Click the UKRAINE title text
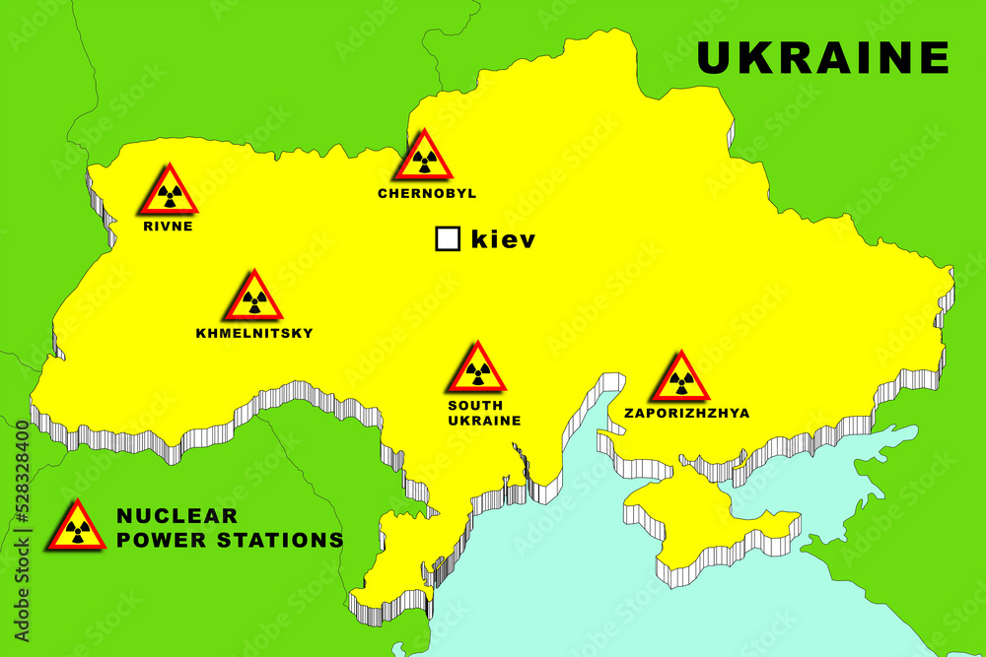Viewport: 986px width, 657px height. click(x=822, y=57)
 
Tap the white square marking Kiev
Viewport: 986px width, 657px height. click(x=448, y=238)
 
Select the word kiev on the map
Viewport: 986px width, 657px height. click(x=503, y=238)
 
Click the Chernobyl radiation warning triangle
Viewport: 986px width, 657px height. click(x=426, y=159)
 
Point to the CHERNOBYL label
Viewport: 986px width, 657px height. click(x=427, y=194)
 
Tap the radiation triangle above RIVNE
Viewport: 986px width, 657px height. click(x=168, y=193)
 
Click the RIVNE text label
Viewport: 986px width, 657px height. click(x=168, y=226)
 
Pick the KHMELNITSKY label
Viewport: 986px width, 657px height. click(x=254, y=333)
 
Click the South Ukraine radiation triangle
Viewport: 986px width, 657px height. click(x=478, y=370)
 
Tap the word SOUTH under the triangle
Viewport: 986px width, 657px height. click(x=475, y=405)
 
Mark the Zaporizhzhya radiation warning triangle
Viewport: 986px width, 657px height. click(x=679, y=379)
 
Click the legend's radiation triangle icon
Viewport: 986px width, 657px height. click(x=77, y=527)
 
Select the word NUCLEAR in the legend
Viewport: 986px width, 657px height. click(x=177, y=515)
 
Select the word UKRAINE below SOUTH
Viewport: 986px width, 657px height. click(x=484, y=420)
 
